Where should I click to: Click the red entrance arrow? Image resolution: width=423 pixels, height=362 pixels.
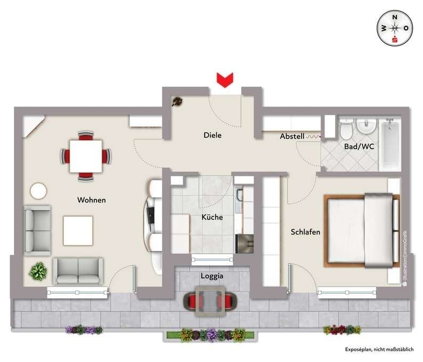[x=225, y=80]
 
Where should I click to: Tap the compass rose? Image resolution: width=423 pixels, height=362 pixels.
[x=395, y=28]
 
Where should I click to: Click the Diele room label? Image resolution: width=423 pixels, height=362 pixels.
[x=213, y=135]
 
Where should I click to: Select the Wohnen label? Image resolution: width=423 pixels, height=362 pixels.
[x=92, y=200]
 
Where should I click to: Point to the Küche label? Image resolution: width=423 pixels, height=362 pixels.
[x=212, y=218]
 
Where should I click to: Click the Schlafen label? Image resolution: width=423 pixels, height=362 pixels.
[x=305, y=232]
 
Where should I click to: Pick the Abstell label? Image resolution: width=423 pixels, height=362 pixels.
[x=292, y=136]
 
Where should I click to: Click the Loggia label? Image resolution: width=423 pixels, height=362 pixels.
[x=211, y=277]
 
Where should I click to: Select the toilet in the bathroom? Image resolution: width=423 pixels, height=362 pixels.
[x=345, y=128]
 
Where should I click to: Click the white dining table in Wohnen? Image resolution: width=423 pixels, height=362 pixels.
[x=86, y=156]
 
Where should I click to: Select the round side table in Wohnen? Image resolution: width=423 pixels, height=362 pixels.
[x=38, y=191]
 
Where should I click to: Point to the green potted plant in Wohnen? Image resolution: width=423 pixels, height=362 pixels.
[x=38, y=271]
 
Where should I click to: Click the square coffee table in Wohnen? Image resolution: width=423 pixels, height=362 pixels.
[x=78, y=230]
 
